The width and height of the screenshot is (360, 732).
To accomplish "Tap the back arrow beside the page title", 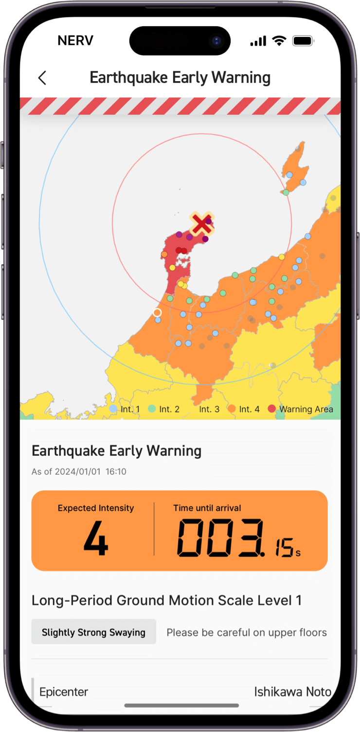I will pos(42,78).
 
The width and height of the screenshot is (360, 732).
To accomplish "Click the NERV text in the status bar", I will pos(75,41).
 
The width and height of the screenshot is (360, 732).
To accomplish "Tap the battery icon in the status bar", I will pos(303,41).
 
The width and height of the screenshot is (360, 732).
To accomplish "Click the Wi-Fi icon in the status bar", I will pos(279,41).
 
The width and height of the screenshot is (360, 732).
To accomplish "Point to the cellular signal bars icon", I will pos(258,41).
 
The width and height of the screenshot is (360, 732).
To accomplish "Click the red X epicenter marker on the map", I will pos(201,224).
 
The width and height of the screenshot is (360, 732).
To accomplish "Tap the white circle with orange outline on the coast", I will pos(157,313).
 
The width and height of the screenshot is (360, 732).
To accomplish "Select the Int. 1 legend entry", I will pos(125,409).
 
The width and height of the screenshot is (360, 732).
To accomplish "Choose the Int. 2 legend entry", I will pos(164,409).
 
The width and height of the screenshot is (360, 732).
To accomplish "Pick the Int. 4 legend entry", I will pos(245,409).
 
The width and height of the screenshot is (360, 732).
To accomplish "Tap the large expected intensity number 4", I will pos(95,539).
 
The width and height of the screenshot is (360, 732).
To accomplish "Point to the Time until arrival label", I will pos(207,508).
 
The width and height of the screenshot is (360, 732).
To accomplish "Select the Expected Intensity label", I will pos(96,508).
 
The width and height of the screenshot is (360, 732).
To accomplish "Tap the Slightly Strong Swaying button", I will pos(93,632).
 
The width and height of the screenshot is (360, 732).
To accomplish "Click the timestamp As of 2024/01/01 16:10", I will pos(79,471).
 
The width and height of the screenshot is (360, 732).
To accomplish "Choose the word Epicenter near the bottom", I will pos(64,692).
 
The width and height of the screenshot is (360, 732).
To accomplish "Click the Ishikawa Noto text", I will pos(292,692).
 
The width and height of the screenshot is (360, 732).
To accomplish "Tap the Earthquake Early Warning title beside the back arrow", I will pos(180,78).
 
